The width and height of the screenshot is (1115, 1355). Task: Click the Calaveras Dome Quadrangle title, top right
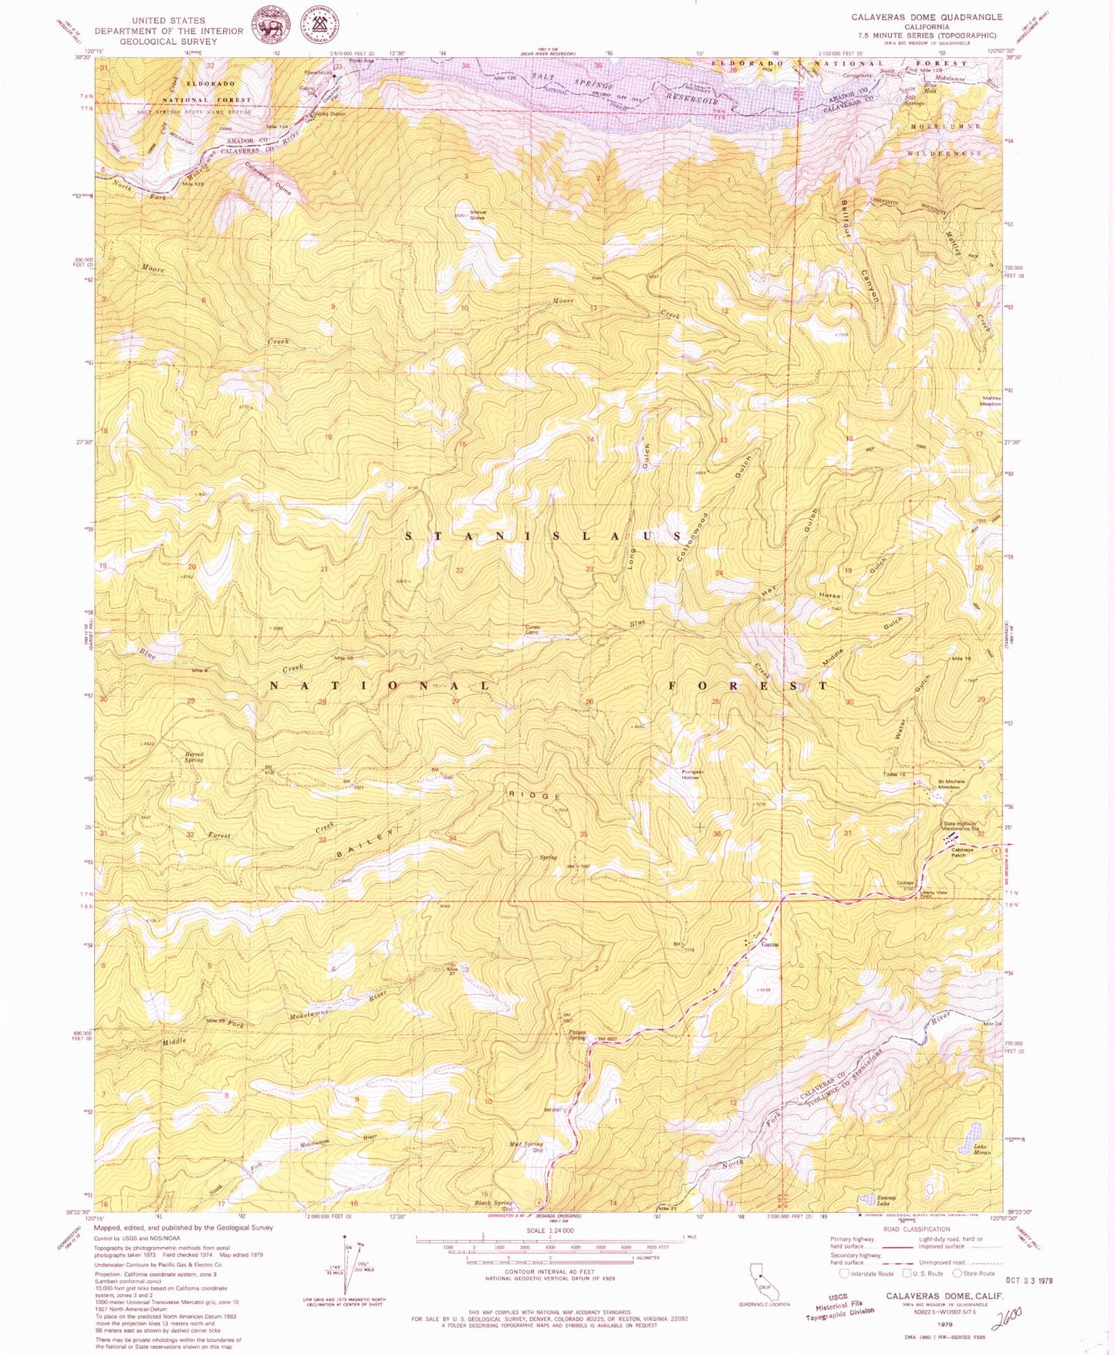927,16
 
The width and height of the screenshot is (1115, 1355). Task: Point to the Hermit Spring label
193,757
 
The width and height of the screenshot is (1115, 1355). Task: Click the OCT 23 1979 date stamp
1022,1280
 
